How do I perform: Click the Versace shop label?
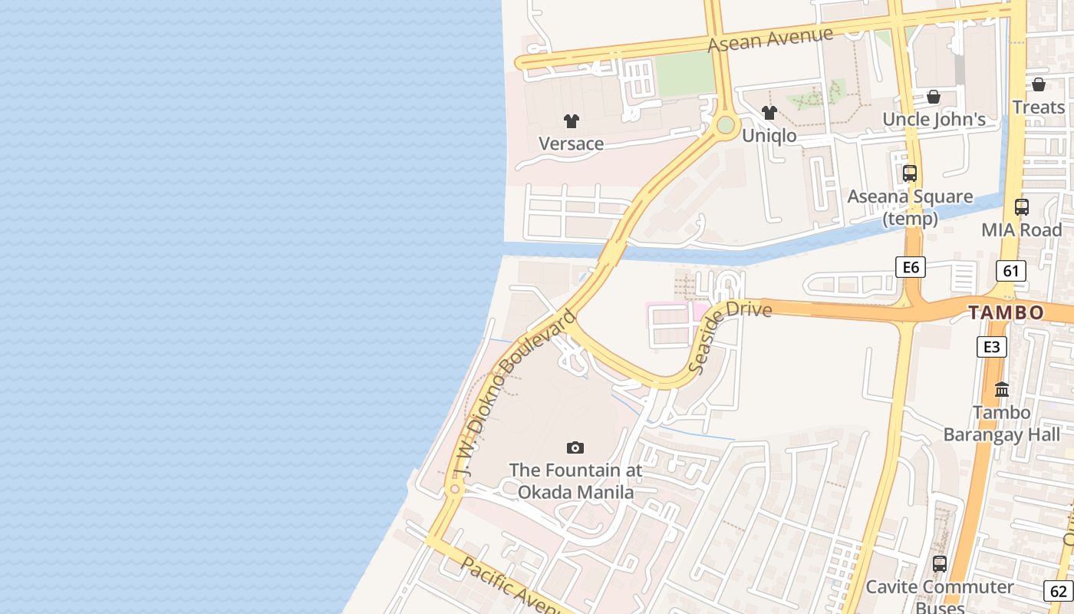(571, 144)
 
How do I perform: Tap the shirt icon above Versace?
(571, 120)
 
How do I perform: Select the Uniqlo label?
(769, 136)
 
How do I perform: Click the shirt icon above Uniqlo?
(769, 113)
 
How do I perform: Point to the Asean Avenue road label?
(770, 39)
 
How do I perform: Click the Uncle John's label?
(934, 119)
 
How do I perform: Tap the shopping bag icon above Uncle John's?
(934, 97)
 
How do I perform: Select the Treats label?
(1039, 107)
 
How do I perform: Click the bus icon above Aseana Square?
(910, 173)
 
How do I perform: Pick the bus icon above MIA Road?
(1022, 207)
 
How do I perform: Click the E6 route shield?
(911, 267)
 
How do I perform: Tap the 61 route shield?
(1011, 270)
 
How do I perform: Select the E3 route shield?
(992, 347)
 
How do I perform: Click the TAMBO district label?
(1006, 312)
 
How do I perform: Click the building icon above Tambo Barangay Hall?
(1002, 390)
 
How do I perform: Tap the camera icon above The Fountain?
(575, 447)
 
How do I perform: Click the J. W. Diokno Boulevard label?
(513, 394)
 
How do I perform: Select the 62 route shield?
(1059, 591)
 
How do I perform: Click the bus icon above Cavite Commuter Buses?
(940, 564)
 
